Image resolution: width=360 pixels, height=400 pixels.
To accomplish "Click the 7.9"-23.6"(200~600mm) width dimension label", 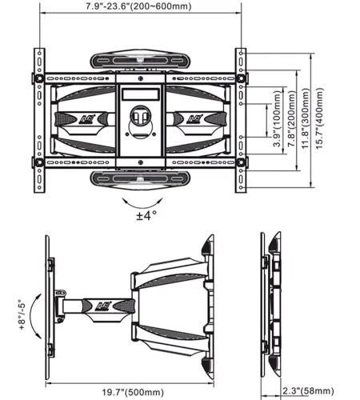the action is (138, 6).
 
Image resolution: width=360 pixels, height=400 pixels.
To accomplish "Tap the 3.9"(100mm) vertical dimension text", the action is (278, 118).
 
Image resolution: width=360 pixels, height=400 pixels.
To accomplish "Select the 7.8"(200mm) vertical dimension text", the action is (292, 118).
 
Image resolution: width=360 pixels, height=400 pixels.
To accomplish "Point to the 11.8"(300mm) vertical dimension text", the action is (306, 118).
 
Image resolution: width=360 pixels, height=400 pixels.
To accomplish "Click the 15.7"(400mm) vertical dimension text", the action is (319, 118).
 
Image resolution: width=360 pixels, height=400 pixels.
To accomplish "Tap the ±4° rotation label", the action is (146, 215).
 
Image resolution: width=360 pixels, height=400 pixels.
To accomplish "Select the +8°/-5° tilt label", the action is (22, 314).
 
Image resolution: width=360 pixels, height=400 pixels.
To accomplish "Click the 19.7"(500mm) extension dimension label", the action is (133, 392).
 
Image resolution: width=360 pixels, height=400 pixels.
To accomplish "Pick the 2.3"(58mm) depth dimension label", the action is (308, 391).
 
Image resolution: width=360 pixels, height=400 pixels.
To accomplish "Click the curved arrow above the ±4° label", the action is (142, 207).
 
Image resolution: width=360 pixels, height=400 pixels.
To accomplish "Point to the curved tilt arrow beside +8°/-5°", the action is (32, 316).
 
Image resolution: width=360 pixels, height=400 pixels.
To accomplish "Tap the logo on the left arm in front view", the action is (85, 119).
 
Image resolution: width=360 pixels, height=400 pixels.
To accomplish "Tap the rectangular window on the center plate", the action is (141, 94).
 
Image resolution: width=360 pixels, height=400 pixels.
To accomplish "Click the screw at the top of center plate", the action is (141, 78).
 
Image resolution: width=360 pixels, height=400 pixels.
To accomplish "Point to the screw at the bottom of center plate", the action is (141, 162).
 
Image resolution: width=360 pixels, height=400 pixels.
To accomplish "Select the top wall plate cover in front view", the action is (140, 60).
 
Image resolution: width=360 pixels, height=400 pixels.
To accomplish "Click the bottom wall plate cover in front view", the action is (140, 179).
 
